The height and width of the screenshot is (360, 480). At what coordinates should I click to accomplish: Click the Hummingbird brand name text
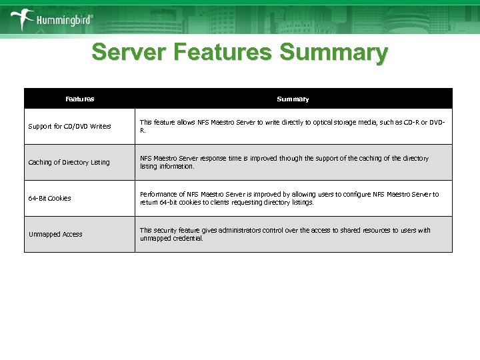pos(63,21)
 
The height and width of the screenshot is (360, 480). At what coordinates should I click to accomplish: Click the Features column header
pos(80,99)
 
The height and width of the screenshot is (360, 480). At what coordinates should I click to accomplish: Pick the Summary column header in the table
pos(293,99)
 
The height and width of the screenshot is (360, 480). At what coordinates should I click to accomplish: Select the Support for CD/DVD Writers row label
pos(69,126)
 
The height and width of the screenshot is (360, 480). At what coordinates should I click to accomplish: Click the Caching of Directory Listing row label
pos(69,162)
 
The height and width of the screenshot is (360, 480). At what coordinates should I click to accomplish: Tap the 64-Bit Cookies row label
pos(49,198)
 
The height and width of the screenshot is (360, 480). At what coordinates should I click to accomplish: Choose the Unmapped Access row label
pos(55,234)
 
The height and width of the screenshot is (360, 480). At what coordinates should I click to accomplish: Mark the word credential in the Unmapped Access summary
pos(188,238)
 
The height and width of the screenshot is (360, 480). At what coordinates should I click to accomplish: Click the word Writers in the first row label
pos(100,126)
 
